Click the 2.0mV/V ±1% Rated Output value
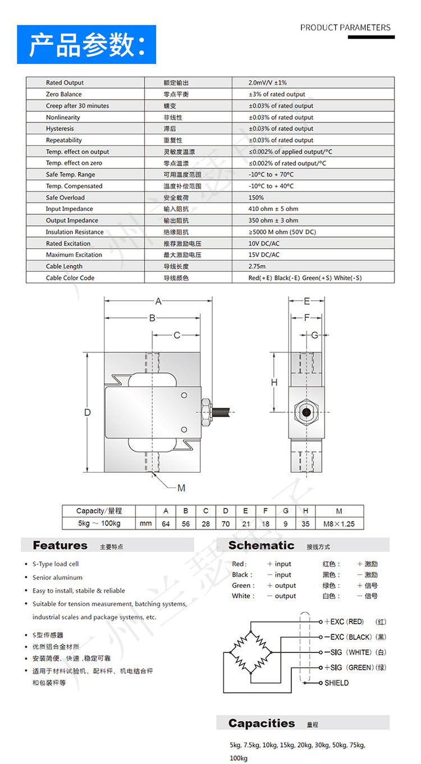pyautogui.click(x=267, y=83)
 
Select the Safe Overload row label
pyautogui.click(x=65, y=198)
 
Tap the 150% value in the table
pyautogui.click(x=256, y=198)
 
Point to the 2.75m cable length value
pyautogui.click(x=257, y=267)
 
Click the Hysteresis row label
pyautogui.click(x=60, y=129)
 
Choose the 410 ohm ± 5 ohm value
pyautogui.click(x=273, y=209)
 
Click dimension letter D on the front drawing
pyautogui.click(x=88, y=413)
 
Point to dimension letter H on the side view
pyautogui.click(x=274, y=383)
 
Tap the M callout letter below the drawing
pyautogui.click(x=181, y=488)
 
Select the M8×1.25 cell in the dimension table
pyautogui.click(x=339, y=524)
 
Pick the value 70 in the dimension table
pyautogui.click(x=225, y=524)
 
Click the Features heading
pyautogui.click(x=60, y=545)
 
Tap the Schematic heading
pyautogui.click(x=261, y=545)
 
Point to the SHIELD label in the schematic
pyautogui.click(x=336, y=683)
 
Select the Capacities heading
pyautogui.click(x=262, y=723)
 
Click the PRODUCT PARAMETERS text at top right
pyautogui.click(x=345, y=27)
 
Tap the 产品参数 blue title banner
pyautogui.click(x=86, y=44)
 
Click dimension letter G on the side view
pyautogui.click(x=314, y=335)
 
